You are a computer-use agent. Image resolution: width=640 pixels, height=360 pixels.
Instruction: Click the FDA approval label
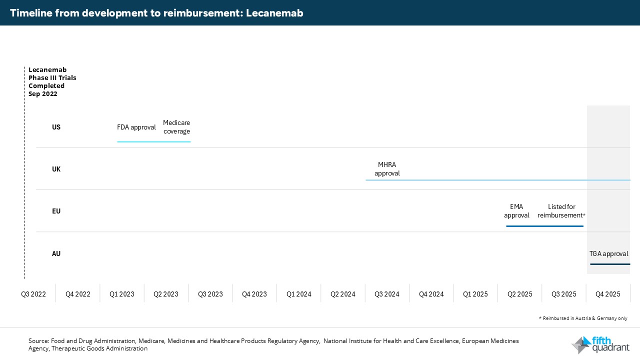136,127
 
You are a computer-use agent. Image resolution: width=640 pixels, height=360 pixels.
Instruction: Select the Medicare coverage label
176,127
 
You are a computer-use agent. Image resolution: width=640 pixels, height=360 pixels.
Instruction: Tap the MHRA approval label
387,169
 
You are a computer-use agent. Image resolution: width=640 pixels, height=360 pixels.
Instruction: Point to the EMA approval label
516,211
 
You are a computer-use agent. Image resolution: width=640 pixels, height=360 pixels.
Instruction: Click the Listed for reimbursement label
561,211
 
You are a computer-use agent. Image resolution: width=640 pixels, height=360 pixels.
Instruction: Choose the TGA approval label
608,253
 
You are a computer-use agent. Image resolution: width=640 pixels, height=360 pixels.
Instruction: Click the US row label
56,127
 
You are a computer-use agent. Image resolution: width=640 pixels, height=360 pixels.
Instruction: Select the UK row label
56,169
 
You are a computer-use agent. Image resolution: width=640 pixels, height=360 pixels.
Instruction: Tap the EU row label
56,211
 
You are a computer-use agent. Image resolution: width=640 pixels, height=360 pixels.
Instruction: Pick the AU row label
56,253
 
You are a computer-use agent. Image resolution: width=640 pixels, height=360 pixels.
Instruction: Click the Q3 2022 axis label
33,294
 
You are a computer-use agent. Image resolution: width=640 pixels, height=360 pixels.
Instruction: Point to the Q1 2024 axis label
299,294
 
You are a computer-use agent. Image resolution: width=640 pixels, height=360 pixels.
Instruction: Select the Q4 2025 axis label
607,294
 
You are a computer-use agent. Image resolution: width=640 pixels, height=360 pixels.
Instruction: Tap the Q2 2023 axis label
166,294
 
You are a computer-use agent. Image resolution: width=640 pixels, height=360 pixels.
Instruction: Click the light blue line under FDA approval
154,141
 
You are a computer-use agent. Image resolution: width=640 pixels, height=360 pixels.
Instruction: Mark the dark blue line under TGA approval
610,264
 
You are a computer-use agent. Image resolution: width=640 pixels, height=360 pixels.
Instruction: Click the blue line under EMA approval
544,226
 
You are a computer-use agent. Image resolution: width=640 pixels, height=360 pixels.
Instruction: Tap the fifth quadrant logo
600,345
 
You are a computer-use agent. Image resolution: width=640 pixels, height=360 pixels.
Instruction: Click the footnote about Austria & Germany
582,318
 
